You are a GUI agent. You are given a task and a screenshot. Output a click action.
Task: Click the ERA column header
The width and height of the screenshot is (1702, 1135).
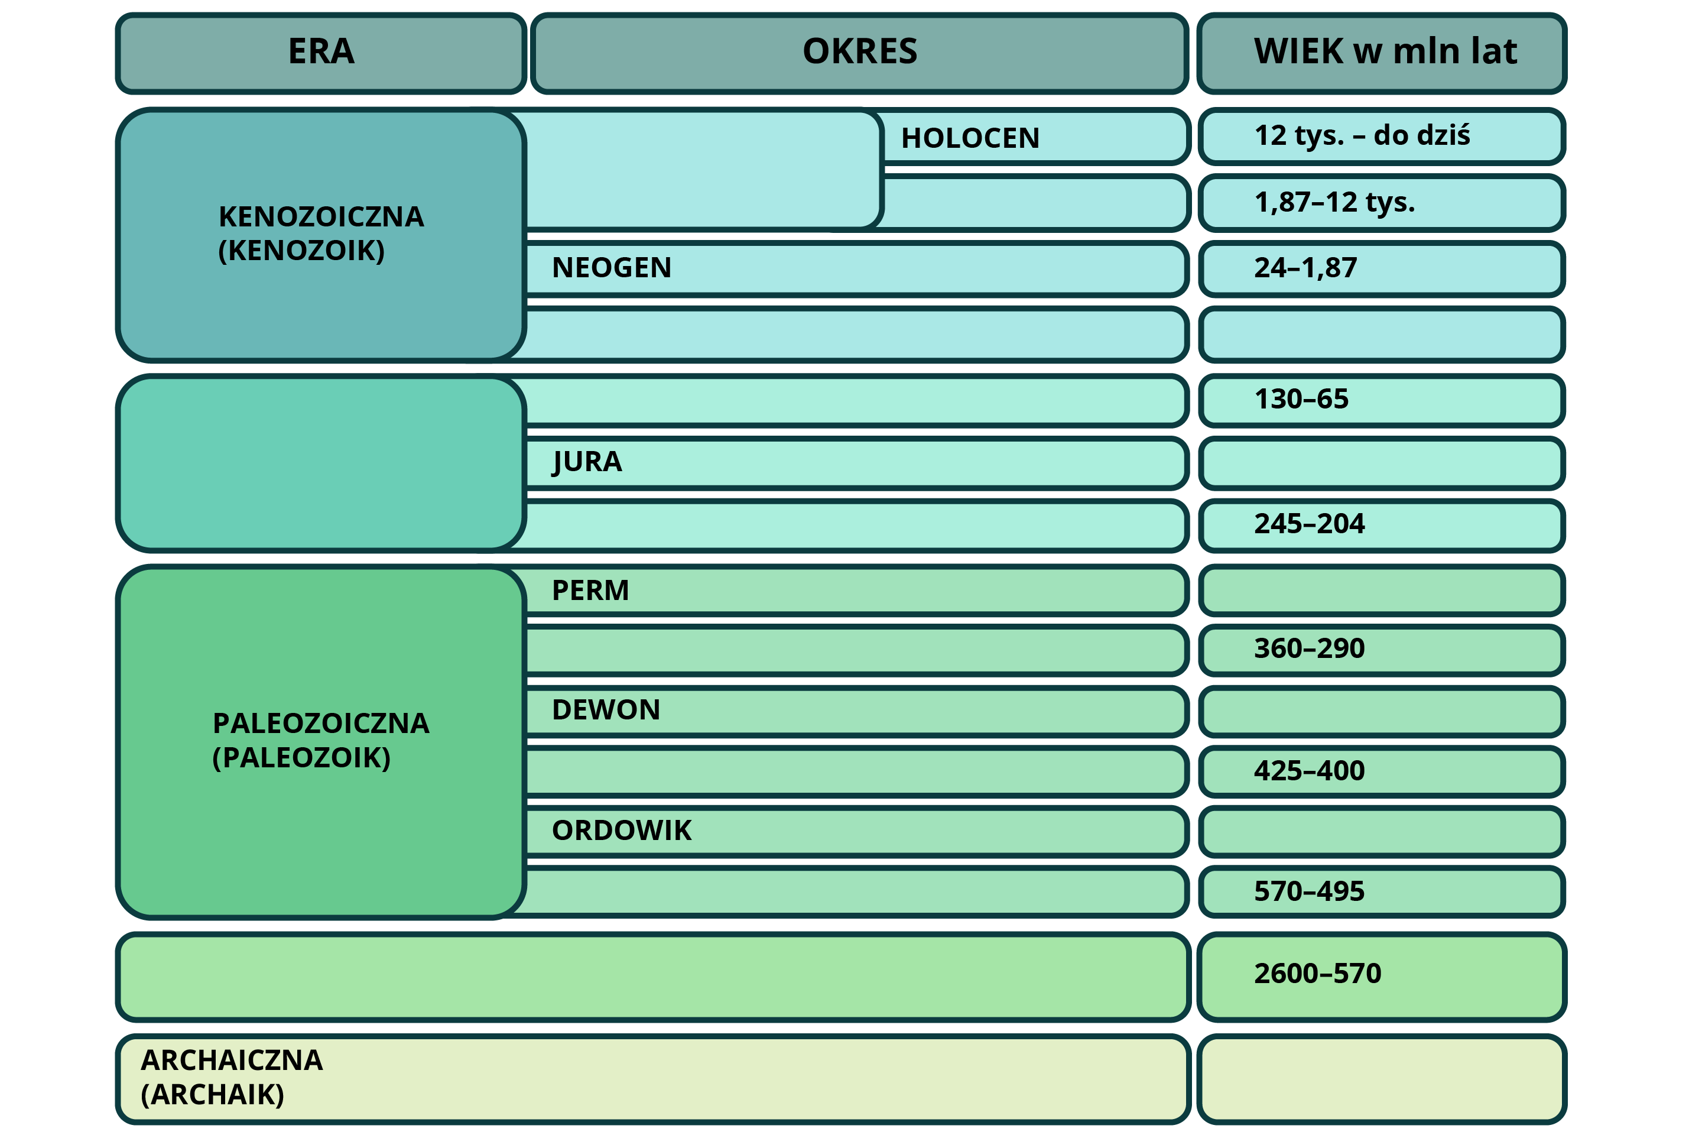pyautogui.click(x=321, y=52)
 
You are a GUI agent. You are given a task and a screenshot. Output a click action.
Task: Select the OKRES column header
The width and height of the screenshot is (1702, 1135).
pyautogui.click(x=860, y=52)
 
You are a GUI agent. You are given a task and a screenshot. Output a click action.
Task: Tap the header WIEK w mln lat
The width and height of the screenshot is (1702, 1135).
pyautogui.click(x=1385, y=52)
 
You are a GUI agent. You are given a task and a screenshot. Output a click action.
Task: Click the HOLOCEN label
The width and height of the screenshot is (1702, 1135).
pyautogui.click(x=970, y=138)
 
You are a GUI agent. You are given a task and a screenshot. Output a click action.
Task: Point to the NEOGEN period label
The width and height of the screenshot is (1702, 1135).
pyautogui.click(x=612, y=268)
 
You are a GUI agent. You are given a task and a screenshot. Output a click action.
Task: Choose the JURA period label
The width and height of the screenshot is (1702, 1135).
pyautogui.click(x=587, y=462)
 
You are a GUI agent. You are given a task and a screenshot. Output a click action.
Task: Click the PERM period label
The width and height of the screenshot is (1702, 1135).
pyautogui.click(x=590, y=591)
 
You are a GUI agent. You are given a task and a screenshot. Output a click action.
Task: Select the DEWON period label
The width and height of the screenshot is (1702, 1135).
pyautogui.click(x=606, y=710)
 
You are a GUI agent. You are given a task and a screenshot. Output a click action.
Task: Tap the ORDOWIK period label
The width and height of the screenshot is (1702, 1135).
pyautogui.click(x=622, y=830)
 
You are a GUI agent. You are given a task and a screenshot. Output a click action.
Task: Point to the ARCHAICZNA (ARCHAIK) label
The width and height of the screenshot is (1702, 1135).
pyautogui.click(x=232, y=1077)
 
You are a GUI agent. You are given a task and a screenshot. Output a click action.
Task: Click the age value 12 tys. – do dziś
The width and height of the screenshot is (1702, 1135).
pyautogui.click(x=1362, y=135)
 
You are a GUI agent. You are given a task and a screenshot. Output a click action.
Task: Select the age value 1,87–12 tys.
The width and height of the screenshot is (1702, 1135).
pyautogui.click(x=1334, y=202)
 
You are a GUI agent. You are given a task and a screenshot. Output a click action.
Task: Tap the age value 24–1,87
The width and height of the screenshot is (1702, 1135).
pyautogui.click(x=1305, y=268)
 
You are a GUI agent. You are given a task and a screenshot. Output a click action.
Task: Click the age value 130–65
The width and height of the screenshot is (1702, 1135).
pyautogui.click(x=1301, y=399)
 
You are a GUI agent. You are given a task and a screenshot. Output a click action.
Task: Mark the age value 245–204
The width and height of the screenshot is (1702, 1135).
pyautogui.click(x=1309, y=523)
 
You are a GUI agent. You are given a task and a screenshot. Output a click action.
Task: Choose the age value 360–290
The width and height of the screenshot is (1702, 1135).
pyautogui.click(x=1309, y=648)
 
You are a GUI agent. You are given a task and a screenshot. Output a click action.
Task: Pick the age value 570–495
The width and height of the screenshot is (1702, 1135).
pyautogui.click(x=1309, y=891)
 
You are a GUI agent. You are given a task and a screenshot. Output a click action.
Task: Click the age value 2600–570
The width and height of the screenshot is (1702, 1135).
pyautogui.click(x=1317, y=974)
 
